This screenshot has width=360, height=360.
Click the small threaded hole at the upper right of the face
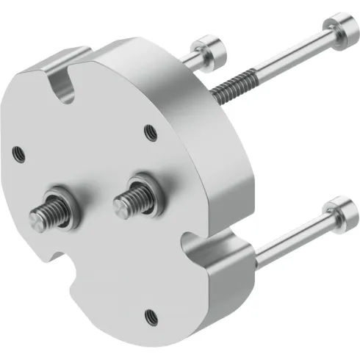pyautogui.click(x=150, y=133)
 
